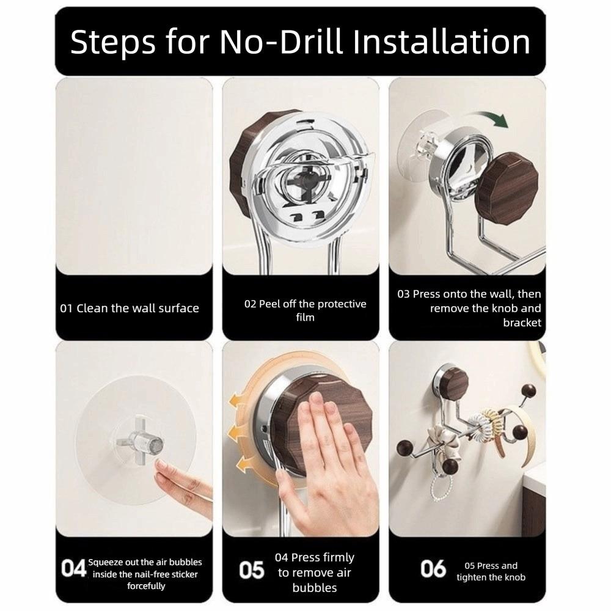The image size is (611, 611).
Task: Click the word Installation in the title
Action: [x=442, y=42]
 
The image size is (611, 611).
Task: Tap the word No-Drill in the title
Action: [x=280, y=42]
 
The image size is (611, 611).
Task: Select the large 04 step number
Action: [x=73, y=568]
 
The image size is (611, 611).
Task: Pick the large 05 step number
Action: [x=252, y=570]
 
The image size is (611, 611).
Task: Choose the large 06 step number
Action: [x=433, y=568]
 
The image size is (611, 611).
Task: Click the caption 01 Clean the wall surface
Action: [x=130, y=308]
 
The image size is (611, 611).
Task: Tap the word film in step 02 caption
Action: [x=305, y=317]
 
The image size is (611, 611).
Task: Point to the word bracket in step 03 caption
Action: [x=522, y=323]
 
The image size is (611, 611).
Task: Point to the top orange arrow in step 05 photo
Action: [x=238, y=402]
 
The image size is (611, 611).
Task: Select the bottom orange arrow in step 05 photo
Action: [x=245, y=464]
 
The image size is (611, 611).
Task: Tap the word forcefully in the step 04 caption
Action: [x=146, y=586]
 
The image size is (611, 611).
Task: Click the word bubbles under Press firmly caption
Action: [x=315, y=588]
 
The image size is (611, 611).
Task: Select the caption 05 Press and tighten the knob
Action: [x=491, y=571]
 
